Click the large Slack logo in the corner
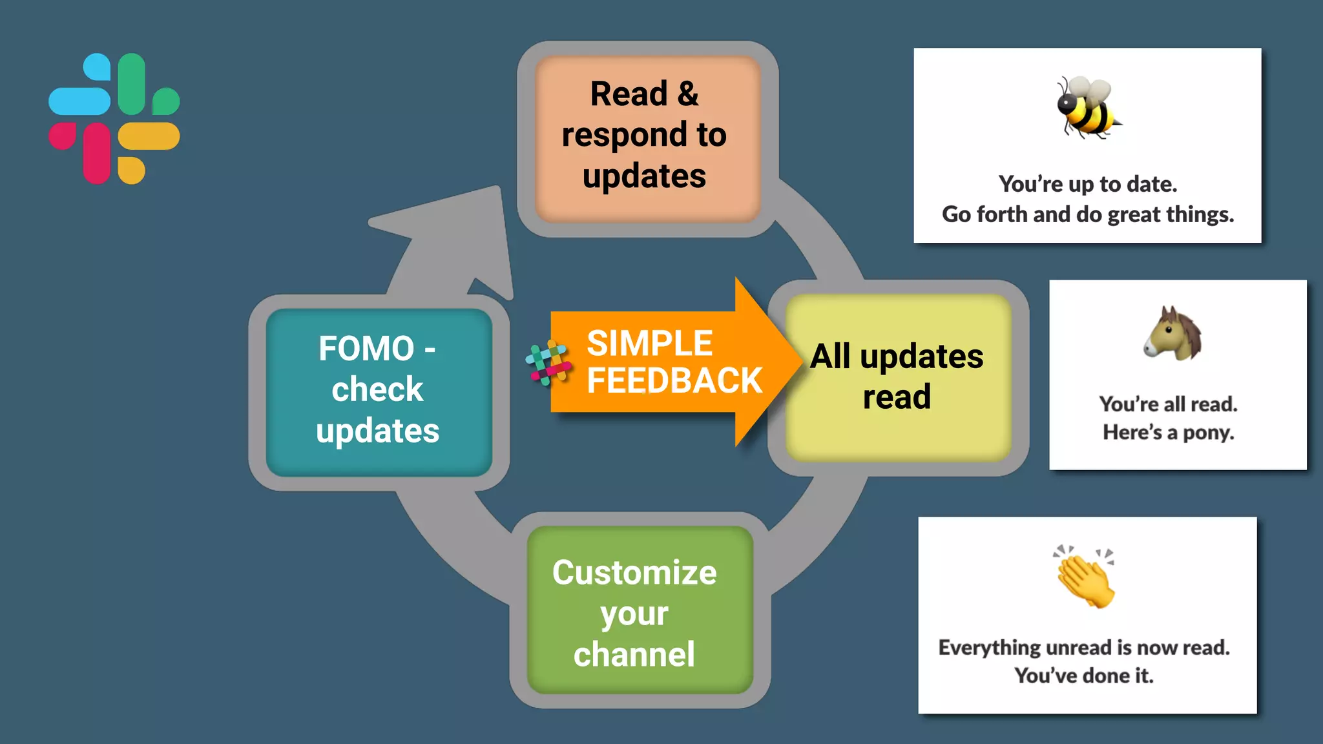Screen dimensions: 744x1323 click(114, 119)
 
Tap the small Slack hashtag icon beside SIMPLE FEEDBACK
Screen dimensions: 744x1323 click(548, 363)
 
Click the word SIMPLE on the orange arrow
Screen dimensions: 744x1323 click(649, 343)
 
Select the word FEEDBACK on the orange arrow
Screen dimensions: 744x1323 click(674, 380)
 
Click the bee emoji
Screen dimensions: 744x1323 click(1087, 107)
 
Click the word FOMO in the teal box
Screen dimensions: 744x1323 click(366, 349)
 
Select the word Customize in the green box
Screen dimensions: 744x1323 click(634, 573)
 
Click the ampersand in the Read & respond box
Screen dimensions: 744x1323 click(688, 94)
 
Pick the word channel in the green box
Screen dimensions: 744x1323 click(634, 654)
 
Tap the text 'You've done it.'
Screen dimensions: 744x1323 click(1084, 676)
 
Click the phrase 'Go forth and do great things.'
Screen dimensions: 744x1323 click(1088, 214)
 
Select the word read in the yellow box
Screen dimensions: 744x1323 click(897, 397)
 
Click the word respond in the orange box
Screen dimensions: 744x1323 click(624, 135)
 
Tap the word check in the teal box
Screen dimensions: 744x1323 click(377, 389)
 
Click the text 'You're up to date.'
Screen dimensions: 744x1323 click(1088, 184)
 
